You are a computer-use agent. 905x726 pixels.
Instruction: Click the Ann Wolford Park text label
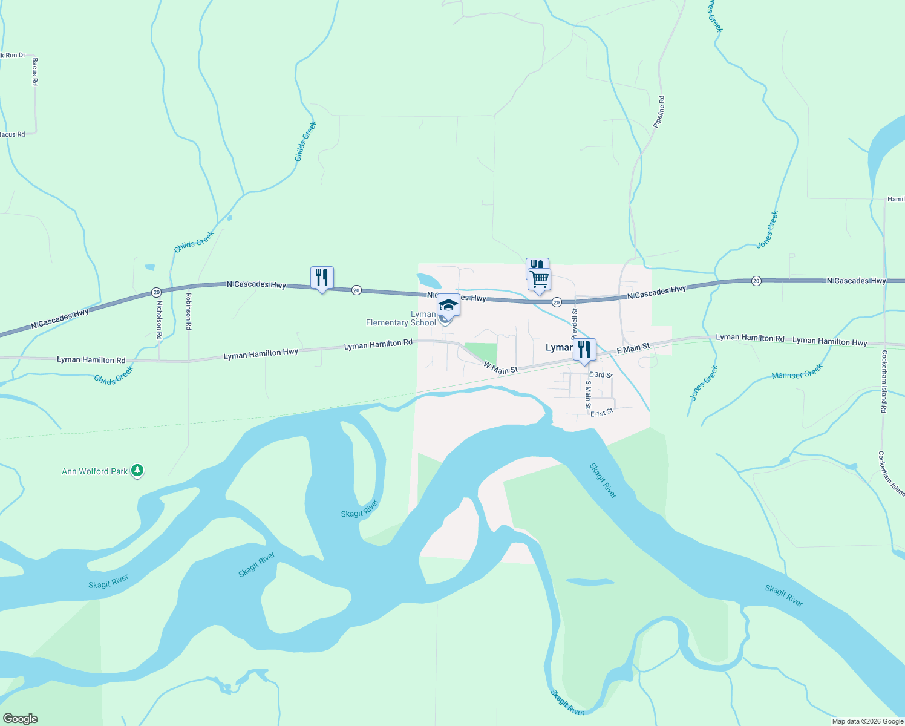[x=95, y=471]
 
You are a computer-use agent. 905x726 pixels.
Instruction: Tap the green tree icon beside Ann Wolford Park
[x=137, y=470]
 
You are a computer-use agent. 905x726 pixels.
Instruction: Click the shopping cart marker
[x=539, y=280]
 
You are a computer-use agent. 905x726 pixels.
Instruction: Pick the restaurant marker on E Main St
[x=584, y=350]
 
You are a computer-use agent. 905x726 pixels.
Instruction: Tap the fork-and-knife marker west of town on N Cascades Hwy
[x=322, y=278]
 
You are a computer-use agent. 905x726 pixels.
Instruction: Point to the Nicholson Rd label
[x=159, y=319]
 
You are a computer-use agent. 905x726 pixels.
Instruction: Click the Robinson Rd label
[x=189, y=311]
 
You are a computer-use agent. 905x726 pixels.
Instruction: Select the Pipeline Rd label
[x=659, y=111]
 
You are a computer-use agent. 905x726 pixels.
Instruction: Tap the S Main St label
[x=587, y=394]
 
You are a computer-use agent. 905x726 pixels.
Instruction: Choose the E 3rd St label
[x=601, y=375]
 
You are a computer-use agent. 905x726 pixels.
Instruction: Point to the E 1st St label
[x=602, y=413]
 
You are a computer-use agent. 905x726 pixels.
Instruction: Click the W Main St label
[x=500, y=367]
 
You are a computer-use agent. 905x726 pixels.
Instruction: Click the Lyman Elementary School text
[x=401, y=319]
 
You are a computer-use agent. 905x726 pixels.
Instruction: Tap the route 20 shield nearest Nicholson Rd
[x=156, y=292]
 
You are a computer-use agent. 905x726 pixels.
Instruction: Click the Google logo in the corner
[x=20, y=718]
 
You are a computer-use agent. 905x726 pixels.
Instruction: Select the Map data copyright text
[x=867, y=721]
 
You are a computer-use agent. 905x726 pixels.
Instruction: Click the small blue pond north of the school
[x=428, y=280]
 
